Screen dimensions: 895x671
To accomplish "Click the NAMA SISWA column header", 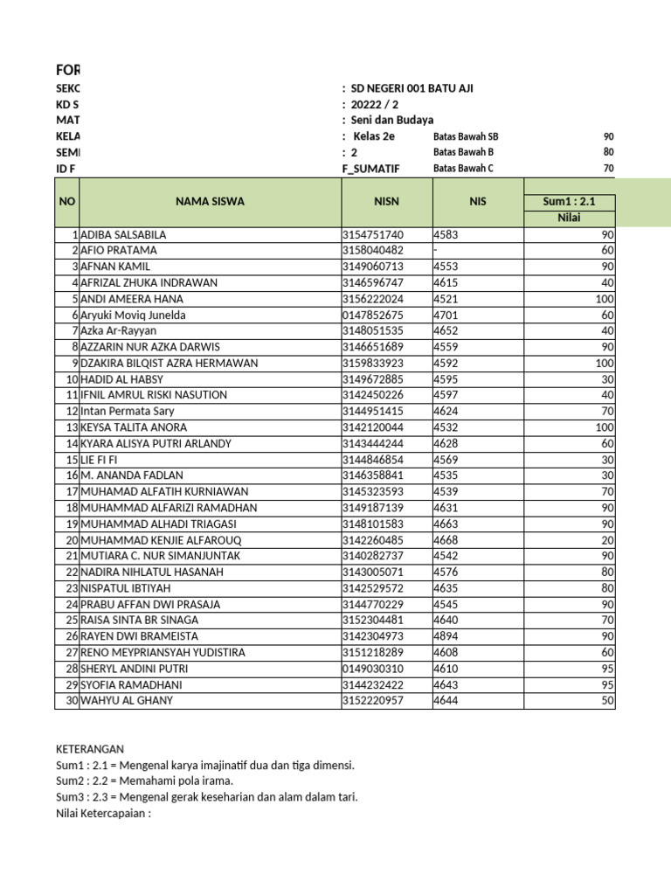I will (210, 202).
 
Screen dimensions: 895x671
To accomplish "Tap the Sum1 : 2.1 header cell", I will (569, 202).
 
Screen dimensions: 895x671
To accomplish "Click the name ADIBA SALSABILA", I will (123, 235).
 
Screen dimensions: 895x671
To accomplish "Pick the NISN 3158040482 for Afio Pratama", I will (373, 251).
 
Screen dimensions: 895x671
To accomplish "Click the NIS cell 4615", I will (446, 283).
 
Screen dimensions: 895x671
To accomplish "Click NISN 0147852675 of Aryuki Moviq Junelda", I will (373, 315).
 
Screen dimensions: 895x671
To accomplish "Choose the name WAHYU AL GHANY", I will (127, 700).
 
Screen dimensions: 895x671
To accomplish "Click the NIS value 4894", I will (446, 636).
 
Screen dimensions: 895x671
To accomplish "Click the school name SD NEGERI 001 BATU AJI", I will (413, 88).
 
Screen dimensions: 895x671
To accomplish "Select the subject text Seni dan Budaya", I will (391, 121).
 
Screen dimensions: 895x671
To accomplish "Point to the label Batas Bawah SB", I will (466, 137).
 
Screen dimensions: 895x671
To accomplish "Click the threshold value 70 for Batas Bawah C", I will (608, 169).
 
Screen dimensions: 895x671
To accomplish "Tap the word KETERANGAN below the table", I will (90, 749).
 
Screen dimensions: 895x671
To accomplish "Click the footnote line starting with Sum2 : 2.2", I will (144, 781).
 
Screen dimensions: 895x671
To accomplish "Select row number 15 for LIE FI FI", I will (73, 460).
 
